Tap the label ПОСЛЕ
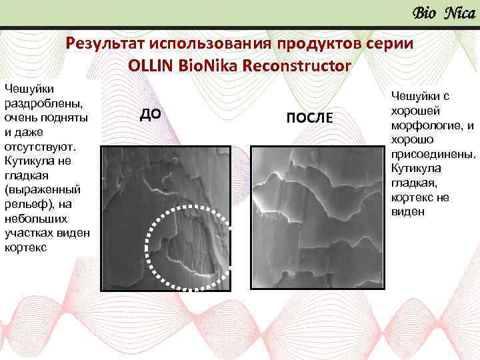pos(309,117)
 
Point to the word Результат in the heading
pos(106,44)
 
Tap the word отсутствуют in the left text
pos(39,146)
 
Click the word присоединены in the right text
pos(433,154)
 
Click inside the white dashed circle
pos(188,247)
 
